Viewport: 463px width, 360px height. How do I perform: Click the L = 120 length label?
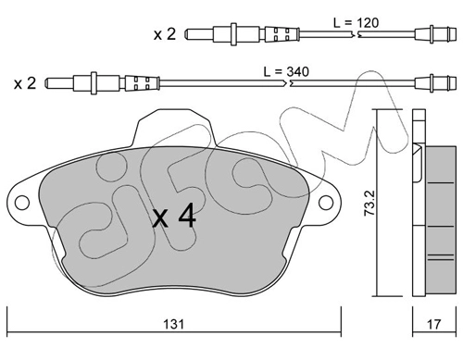point(356,23)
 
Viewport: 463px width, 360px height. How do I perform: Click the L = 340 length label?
point(286,72)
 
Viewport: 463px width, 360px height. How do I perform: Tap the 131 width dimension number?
point(173,324)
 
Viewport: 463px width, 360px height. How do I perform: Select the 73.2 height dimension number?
point(369,203)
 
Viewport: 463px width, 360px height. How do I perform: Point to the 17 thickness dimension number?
point(433,324)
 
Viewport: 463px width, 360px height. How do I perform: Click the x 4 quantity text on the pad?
point(175,216)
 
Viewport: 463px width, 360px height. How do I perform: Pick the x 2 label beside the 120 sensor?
point(165,34)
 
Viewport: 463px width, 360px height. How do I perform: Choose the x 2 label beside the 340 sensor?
point(25,83)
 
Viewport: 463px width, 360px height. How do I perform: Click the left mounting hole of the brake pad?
point(22,203)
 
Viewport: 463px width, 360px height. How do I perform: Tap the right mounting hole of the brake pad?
point(326,203)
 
